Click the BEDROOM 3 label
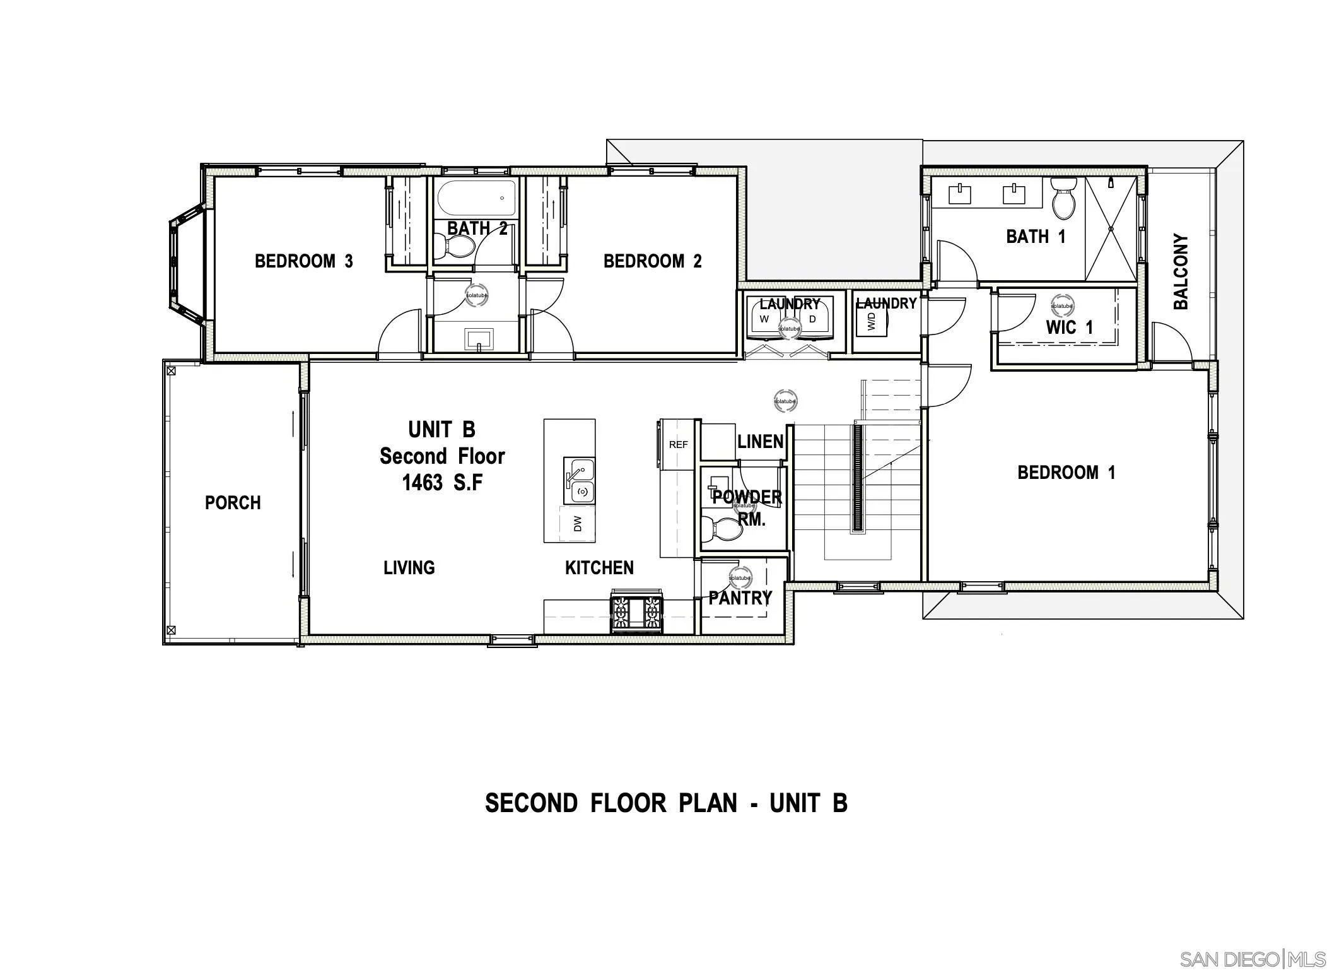pyautogui.click(x=303, y=261)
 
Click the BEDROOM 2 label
pyautogui.click(x=652, y=261)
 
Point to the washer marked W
pyautogui.click(x=765, y=320)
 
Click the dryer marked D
pyautogui.click(x=812, y=320)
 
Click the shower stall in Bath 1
pyautogui.click(x=1111, y=229)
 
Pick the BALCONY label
pyautogui.click(x=1181, y=272)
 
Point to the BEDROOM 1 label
pyautogui.click(x=1066, y=473)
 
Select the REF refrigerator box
pyautogui.click(x=678, y=445)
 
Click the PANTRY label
pyautogui.click(x=740, y=598)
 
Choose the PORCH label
pyautogui.click(x=233, y=503)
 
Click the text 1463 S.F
pyautogui.click(x=442, y=483)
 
